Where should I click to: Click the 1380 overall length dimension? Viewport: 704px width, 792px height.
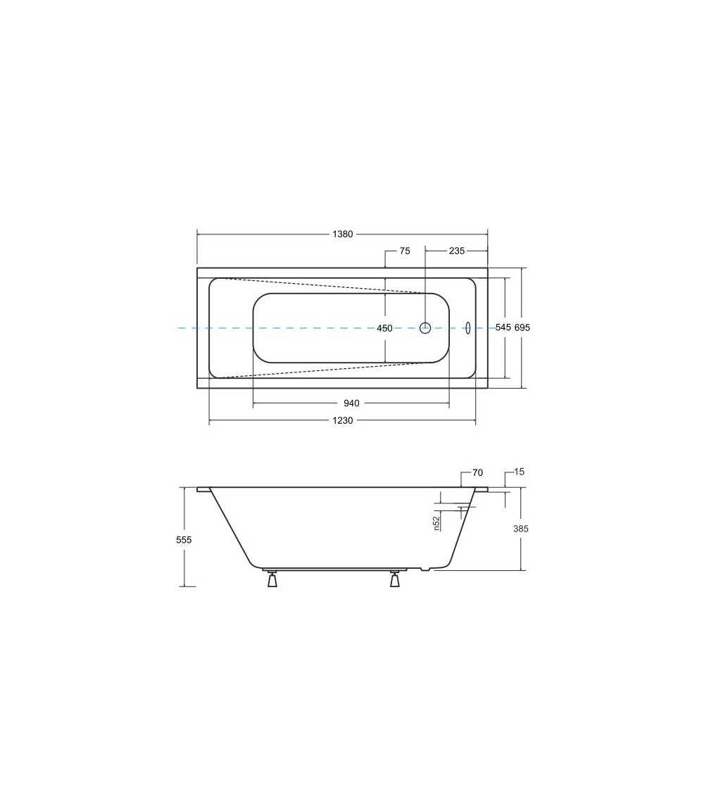(343, 234)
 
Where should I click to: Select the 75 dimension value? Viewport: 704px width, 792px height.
(405, 251)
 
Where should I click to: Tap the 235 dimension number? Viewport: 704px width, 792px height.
(456, 251)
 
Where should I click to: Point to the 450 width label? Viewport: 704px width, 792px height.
(384, 328)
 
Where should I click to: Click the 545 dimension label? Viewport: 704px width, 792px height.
(503, 328)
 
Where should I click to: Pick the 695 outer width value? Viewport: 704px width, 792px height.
(522, 328)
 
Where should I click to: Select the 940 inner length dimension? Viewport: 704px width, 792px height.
(351, 403)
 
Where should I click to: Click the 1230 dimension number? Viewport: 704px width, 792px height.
(343, 421)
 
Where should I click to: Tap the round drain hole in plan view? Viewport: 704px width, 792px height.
(425, 327)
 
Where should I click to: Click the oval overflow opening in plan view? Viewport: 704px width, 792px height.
(468, 328)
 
